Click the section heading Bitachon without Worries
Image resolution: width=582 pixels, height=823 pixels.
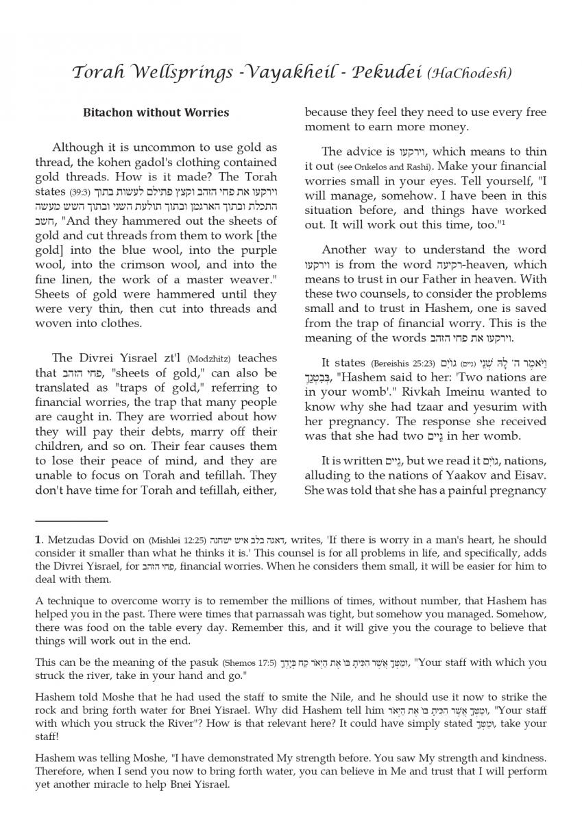(156, 112)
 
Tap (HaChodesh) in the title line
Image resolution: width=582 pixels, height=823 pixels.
(470, 73)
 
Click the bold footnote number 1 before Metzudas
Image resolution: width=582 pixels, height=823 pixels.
(38, 540)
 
